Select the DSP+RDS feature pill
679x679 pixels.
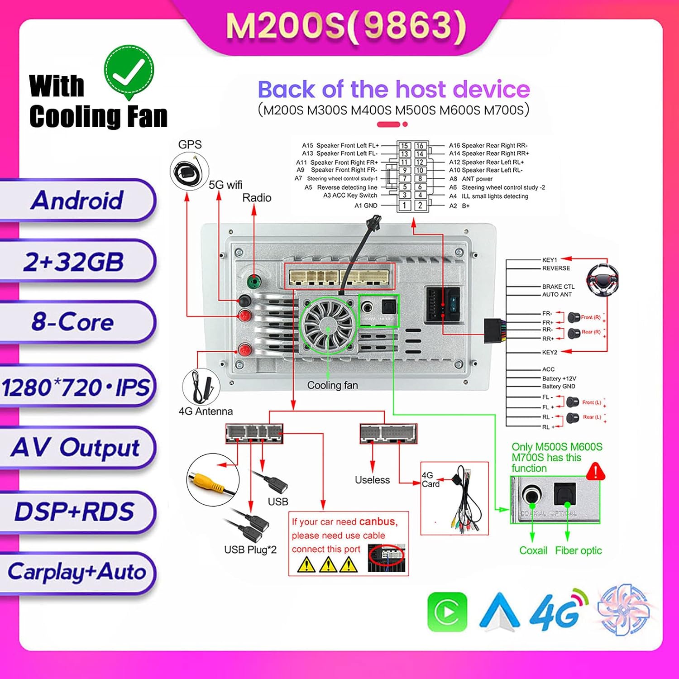[74, 512]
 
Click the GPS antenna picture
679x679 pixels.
[189, 172]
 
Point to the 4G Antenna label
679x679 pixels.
[206, 411]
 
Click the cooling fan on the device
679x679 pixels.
[328, 324]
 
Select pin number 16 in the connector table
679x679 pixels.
[420, 146]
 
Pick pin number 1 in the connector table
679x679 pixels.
[404, 206]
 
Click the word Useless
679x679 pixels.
[372, 480]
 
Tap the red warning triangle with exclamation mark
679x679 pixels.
[595, 472]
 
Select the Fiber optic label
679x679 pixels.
[578, 550]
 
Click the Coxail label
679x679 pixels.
[533, 550]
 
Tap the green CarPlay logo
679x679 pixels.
[447, 612]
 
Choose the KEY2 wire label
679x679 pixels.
[550, 352]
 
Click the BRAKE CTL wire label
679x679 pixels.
[558, 287]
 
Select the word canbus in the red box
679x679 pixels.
[378, 521]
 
